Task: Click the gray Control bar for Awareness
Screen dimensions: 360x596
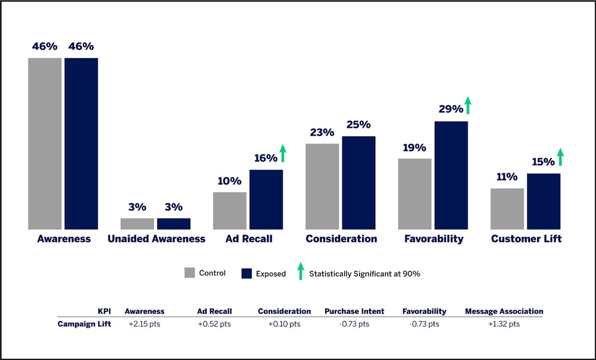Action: [45, 143]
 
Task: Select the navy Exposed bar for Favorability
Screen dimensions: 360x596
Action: [451, 175]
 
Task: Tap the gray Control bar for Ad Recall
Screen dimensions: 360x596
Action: [230, 211]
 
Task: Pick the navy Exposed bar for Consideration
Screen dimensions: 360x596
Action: [359, 182]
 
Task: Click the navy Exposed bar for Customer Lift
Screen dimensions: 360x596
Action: [543, 201]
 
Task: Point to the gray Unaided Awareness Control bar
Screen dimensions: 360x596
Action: [137, 224]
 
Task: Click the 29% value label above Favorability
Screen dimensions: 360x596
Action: [450, 109]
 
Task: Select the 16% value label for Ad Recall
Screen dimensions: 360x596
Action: [265, 158]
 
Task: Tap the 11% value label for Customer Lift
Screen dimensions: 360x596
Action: [507, 176]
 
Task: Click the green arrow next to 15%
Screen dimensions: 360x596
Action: [561, 157]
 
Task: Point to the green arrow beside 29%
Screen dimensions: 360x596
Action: [468, 105]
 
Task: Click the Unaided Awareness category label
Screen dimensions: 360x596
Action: [156, 239]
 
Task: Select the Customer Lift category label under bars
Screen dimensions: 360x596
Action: [526, 239]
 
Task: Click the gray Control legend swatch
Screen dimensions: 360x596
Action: [189, 273]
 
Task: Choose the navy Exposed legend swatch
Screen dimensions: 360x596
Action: [246, 274]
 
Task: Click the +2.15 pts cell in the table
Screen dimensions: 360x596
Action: [144, 324]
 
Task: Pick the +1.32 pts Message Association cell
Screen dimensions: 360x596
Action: [504, 324]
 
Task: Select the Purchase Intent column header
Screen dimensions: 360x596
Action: [354, 311]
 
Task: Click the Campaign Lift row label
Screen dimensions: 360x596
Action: [85, 324]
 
